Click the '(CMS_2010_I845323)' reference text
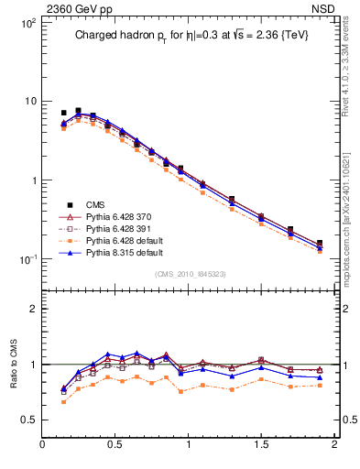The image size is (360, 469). click(x=188, y=273)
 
